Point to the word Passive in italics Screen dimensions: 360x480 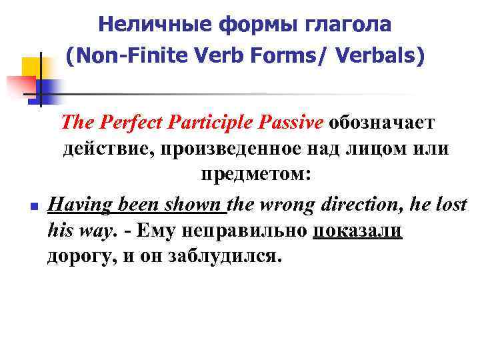tap(291, 123)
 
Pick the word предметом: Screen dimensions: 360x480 tap(256, 176)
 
